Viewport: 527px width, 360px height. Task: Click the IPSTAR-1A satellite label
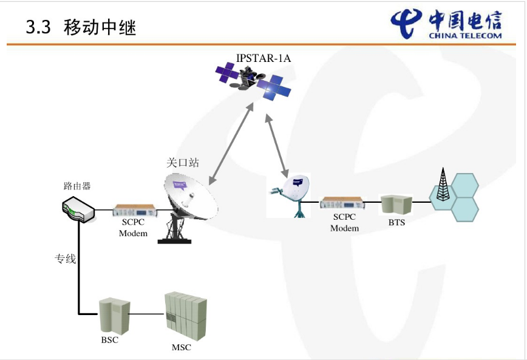(x=263, y=58)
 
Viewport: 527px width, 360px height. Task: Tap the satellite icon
(x=253, y=81)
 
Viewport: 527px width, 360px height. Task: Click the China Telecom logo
(x=446, y=24)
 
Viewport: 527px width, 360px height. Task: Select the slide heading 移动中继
(x=100, y=27)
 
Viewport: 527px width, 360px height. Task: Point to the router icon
(x=79, y=209)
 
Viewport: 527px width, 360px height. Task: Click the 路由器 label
(x=77, y=186)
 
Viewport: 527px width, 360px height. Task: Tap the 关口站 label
(x=183, y=163)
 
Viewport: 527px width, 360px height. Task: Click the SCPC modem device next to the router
(x=134, y=211)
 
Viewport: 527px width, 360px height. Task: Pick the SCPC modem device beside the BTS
(x=342, y=203)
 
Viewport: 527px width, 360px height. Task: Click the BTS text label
(x=396, y=223)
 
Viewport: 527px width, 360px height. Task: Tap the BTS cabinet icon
(x=396, y=205)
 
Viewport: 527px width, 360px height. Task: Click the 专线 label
(x=65, y=259)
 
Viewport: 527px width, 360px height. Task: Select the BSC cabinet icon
(x=114, y=315)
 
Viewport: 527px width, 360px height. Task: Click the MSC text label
(x=182, y=347)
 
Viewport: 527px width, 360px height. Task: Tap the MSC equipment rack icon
(x=186, y=316)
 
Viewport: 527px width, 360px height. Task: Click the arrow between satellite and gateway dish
(x=231, y=144)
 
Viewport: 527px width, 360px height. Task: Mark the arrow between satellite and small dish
(x=277, y=146)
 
